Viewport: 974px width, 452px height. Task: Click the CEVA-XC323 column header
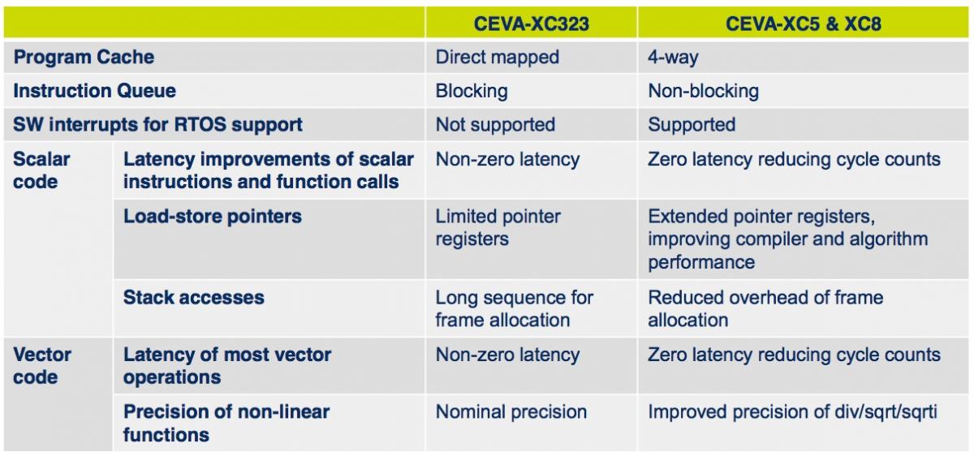tap(532, 24)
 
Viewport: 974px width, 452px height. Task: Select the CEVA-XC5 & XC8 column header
tap(803, 24)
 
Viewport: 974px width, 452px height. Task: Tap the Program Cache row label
tap(84, 57)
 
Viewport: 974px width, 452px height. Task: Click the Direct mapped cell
tap(498, 58)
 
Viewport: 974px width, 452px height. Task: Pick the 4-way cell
tap(673, 58)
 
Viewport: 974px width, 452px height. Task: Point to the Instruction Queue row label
tap(95, 91)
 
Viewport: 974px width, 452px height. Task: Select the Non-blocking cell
tap(704, 91)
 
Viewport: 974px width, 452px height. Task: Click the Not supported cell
tap(496, 125)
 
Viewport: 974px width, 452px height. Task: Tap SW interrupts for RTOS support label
tap(157, 125)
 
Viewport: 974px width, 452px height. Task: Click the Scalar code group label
tap(41, 170)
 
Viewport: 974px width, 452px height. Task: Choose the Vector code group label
tap(42, 366)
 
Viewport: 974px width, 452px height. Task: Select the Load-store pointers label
tap(213, 217)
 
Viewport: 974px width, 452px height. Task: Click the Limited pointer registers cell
tap(498, 228)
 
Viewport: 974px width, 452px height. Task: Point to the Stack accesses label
tap(194, 298)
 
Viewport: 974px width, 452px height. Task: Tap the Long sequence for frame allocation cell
tap(515, 309)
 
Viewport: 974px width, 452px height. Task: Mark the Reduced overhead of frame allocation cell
tap(765, 309)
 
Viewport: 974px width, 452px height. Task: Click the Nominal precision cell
tap(511, 412)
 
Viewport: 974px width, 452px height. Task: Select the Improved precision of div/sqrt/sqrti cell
tap(793, 412)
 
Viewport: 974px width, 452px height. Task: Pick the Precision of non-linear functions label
tap(226, 424)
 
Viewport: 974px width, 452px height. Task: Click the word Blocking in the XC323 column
tap(472, 91)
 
